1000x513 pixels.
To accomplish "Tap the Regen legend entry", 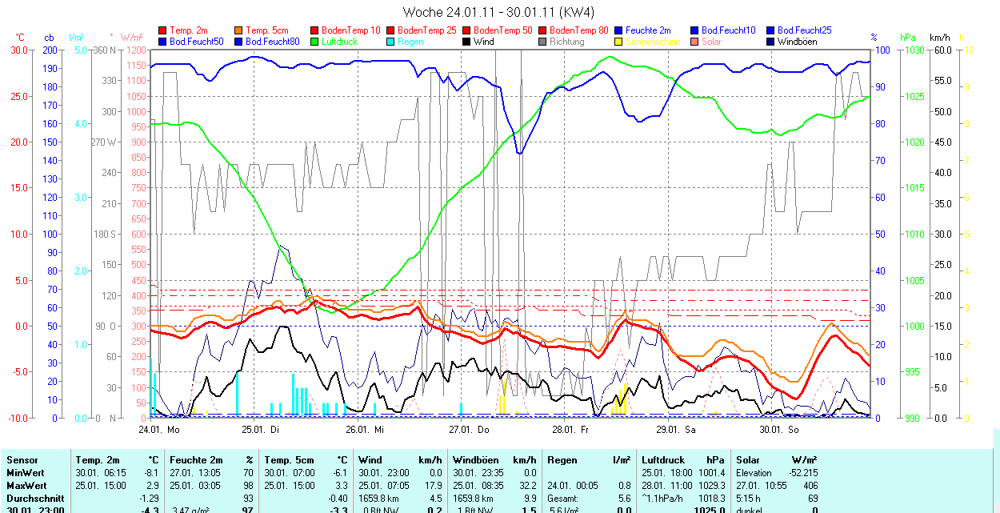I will tap(410, 42).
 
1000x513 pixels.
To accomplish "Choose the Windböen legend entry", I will tap(797, 42).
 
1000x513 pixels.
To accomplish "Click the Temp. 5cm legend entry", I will tap(267, 30).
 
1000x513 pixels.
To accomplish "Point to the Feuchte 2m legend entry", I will tap(647, 30).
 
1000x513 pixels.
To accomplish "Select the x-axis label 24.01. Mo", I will tap(158, 429).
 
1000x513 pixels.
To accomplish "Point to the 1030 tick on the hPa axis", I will tap(912, 50).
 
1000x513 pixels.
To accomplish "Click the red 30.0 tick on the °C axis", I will tap(19, 50).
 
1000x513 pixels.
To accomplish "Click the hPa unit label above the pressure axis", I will tap(907, 38).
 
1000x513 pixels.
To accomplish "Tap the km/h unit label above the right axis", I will tap(940, 38).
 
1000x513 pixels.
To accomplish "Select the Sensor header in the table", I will tap(22, 460).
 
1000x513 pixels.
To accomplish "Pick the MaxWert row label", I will tap(26, 486).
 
